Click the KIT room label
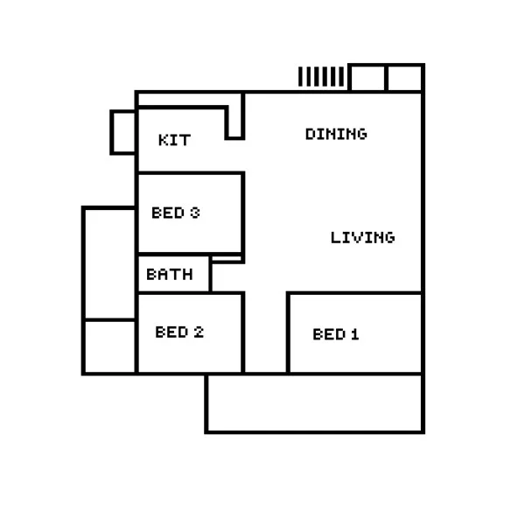click(174, 140)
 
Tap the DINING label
click(336, 134)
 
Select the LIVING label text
click(362, 237)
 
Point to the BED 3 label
click(176, 213)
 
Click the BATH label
click(170, 274)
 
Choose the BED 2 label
click(179, 332)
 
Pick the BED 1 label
click(336, 334)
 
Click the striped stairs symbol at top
click(321, 77)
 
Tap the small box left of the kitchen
click(123, 132)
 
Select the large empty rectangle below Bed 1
click(315, 403)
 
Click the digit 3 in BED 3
click(195, 213)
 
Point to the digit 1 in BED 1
click(354, 334)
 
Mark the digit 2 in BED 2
click(199, 332)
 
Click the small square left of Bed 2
click(110, 347)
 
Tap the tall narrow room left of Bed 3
click(110, 263)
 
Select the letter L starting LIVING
click(335, 237)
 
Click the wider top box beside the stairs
click(367, 78)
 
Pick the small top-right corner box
click(405, 78)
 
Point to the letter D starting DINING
click(310, 134)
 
